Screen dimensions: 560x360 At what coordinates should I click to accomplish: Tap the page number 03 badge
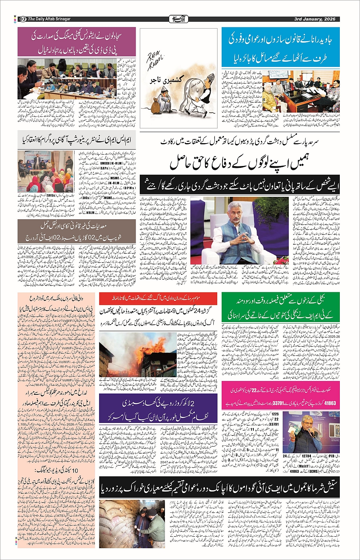point(22,19)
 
